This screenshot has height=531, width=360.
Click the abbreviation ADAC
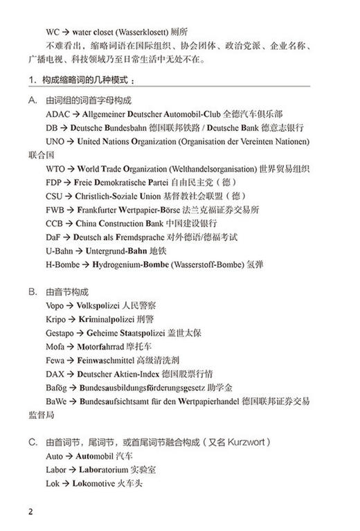click(x=57, y=114)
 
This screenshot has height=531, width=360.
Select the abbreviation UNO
click(x=55, y=141)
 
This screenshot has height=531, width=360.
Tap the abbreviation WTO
click(x=56, y=169)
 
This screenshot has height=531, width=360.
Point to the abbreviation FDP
click(x=54, y=182)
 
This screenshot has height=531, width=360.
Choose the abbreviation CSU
click(x=54, y=196)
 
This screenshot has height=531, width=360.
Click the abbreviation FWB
click(x=55, y=210)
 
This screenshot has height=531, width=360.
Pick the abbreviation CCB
click(x=54, y=224)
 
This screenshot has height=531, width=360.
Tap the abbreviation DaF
click(x=53, y=237)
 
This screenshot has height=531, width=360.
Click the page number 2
click(x=30, y=513)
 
